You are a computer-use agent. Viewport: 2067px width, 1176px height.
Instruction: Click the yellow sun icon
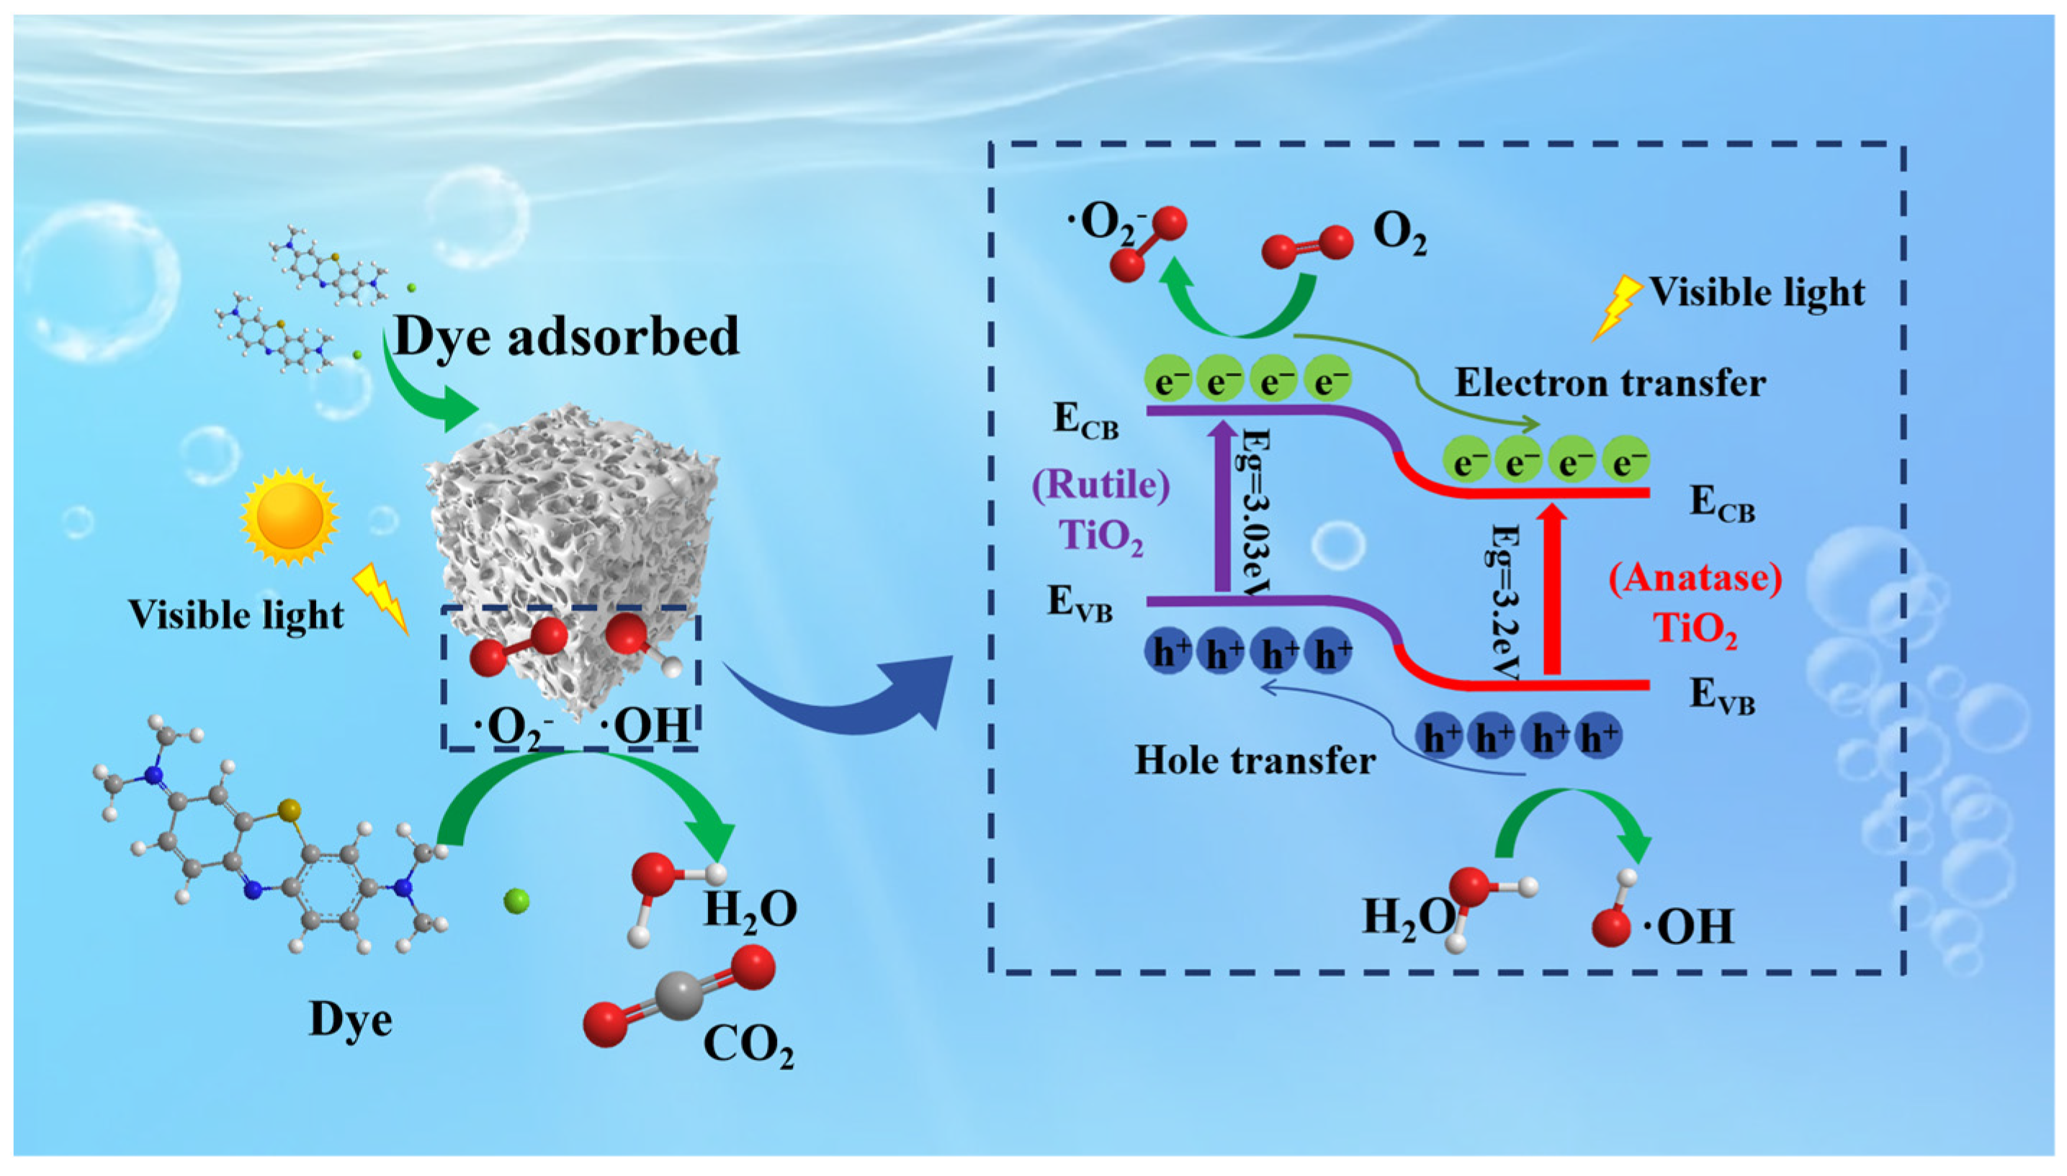[x=289, y=515]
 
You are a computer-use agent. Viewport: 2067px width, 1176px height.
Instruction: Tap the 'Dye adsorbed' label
[x=565, y=336]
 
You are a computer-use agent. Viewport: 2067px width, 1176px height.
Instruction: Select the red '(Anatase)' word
[x=1695, y=579]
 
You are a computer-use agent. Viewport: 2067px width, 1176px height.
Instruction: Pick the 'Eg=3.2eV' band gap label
[x=1505, y=601]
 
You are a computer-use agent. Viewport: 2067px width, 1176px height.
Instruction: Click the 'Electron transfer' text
[x=1610, y=383]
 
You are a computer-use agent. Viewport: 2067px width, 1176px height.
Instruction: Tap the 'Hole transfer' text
[x=1255, y=761]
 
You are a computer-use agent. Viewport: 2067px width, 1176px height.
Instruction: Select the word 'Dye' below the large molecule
[x=351, y=1019]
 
